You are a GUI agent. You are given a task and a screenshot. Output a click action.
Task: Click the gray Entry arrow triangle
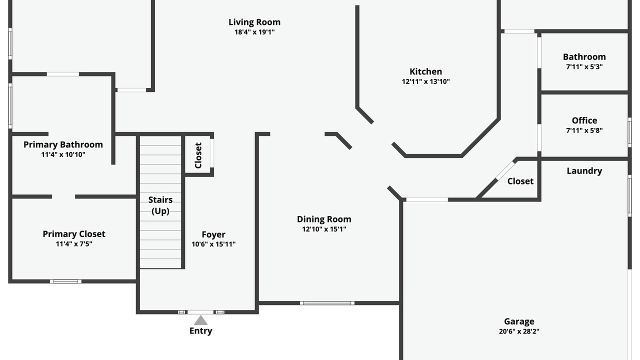[200, 320]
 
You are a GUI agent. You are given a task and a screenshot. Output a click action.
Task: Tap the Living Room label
[254, 22]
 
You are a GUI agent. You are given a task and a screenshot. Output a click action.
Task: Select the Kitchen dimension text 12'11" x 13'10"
[425, 81]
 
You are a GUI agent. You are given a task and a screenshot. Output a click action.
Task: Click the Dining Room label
[324, 219]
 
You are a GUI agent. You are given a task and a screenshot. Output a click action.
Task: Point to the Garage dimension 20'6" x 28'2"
[519, 331]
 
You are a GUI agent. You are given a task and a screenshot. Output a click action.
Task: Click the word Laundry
[584, 171]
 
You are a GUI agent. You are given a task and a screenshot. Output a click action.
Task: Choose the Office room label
[584, 120]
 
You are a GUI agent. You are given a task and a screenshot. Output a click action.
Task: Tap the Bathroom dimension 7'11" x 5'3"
[584, 67]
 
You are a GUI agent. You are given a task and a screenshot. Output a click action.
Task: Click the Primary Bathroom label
[63, 144]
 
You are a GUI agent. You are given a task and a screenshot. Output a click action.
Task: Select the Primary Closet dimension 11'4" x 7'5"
[74, 244]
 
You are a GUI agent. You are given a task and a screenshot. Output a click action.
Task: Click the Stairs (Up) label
[160, 205]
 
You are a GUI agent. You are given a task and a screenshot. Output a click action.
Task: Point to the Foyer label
[213, 234]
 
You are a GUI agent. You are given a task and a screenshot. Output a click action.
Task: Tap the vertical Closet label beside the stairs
[198, 155]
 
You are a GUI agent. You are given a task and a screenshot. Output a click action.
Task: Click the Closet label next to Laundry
[520, 181]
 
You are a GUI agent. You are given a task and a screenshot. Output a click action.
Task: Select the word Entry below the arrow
[200, 331]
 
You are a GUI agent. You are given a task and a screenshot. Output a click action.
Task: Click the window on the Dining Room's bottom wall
[327, 303]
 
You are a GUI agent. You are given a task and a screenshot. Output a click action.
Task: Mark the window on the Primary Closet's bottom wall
[65, 281]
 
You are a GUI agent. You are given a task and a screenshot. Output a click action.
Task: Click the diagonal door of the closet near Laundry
[505, 171]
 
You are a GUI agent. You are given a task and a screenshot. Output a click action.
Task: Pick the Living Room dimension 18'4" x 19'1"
[254, 32]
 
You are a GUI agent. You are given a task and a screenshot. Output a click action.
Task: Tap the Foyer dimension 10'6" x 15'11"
[213, 244]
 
